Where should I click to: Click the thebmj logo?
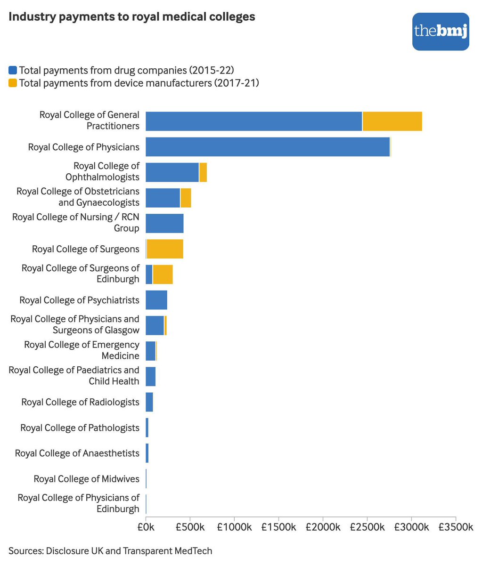tap(440, 32)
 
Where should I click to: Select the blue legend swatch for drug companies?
tap(13, 71)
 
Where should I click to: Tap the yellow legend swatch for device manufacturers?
tap(13, 83)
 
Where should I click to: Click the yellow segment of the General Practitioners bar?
tap(392, 121)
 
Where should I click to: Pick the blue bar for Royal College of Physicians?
tap(268, 147)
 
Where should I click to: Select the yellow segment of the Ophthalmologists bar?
tap(203, 172)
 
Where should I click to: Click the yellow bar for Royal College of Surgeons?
tap(165, 249)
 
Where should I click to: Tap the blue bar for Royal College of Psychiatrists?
tap(156, 300)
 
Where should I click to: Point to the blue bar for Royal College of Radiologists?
tap(149, 402)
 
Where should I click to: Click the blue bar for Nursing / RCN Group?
tap(164, 223)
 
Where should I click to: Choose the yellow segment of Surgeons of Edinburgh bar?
tap(163, 274)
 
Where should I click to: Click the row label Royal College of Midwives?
tap(86, 479)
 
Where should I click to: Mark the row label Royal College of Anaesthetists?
tap(77, 453)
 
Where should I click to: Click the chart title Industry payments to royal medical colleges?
tap(132, 16)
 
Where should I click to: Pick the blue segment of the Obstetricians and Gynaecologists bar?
tap(163, 198)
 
